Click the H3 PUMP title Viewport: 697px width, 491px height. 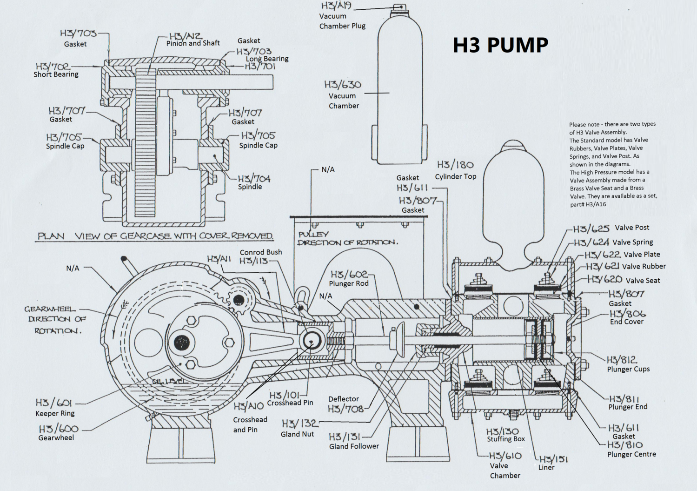click(x=500, y=45)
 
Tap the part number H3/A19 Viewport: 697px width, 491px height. click(x=336, y=6)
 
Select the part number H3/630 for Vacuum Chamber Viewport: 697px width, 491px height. click(x=343, y=85)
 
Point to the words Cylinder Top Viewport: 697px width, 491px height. click(x=455, y=176)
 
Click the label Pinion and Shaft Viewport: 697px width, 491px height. click(x=193, y=43)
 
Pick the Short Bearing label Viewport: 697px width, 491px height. click(x=56, y=74)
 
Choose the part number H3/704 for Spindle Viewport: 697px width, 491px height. click(x=254, y=178)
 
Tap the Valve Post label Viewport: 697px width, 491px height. click(x=632, y=228)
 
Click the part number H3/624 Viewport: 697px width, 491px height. click(x=591, y=242)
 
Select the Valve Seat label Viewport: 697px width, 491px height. click(x=643, y=281)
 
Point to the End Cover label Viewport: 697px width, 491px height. click(x=626, y=322)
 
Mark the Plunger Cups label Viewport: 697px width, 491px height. click(x=628, y=369)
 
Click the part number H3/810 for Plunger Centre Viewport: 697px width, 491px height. click(x=624, y=445)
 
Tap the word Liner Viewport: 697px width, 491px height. click(x=546, y=467)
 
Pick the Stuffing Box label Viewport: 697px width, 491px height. click(x=505, y=439)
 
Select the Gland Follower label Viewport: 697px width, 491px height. click(x=354, y=446)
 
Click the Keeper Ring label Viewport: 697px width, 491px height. click(x=55, y=413)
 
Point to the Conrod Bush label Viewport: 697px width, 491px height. click(x=260, y=252)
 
